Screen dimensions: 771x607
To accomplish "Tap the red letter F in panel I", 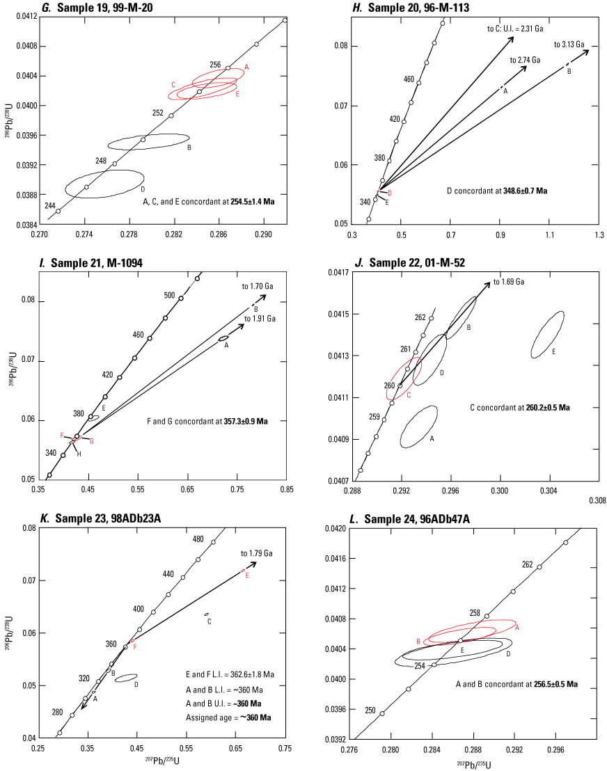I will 62,435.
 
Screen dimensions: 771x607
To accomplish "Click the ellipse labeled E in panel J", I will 548,335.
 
